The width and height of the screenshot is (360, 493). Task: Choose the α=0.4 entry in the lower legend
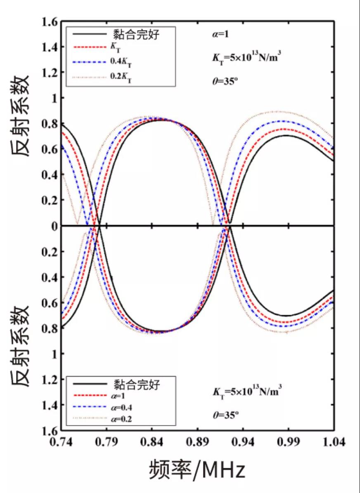[124, 408]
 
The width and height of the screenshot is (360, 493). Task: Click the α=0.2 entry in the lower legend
[124, 419]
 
